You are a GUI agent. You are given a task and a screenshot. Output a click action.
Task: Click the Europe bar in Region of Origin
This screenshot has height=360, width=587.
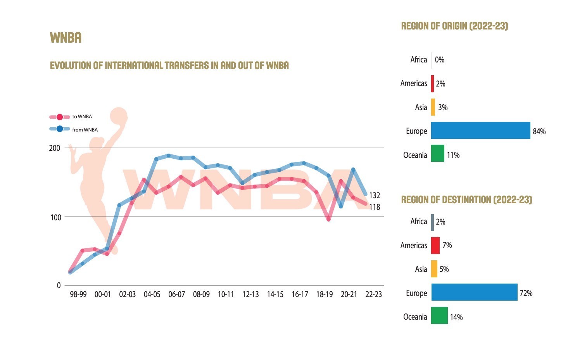pos(480,130)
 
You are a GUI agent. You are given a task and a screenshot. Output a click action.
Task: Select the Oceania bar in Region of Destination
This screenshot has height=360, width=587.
pos(439,315)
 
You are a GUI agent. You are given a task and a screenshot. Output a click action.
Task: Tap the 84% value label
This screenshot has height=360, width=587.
pos(539,132)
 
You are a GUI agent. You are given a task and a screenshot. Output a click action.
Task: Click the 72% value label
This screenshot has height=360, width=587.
pos(526,293)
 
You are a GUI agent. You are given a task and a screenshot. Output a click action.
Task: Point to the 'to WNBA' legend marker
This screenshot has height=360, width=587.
pos(60,117)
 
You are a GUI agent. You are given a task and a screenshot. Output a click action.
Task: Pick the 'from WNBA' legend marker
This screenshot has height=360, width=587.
pos(60,129)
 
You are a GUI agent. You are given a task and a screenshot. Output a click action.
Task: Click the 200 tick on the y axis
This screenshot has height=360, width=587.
pos(55,148)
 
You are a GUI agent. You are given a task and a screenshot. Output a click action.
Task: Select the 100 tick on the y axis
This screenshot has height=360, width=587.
pos(56,217)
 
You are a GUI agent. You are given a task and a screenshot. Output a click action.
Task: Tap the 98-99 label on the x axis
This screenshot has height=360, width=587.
pos(78,294)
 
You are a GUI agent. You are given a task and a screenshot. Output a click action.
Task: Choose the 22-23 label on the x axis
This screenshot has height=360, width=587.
pos(373,294)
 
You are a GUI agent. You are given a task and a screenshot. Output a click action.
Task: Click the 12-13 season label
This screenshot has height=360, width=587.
pos(250,294)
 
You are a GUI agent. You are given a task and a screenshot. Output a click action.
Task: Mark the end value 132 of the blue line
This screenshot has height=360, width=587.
pos(374,196)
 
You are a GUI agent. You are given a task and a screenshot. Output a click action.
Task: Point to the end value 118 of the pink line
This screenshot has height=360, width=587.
pos(374,207)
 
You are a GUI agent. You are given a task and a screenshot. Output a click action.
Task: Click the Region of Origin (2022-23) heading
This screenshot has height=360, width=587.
pos(454,26)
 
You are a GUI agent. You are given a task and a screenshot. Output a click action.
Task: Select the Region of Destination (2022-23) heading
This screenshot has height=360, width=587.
pos(466,200)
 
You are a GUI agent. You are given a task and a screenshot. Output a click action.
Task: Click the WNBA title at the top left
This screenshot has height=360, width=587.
pos(66,38)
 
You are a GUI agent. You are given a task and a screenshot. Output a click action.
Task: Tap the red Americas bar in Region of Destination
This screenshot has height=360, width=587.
pos(435,246)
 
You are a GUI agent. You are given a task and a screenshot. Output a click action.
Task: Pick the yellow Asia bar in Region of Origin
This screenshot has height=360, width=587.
pos(433,107)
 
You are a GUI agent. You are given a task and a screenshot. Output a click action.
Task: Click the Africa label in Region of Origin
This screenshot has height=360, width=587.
pos(418,60)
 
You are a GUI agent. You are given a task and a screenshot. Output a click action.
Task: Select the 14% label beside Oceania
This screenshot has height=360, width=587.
pos(456,317)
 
